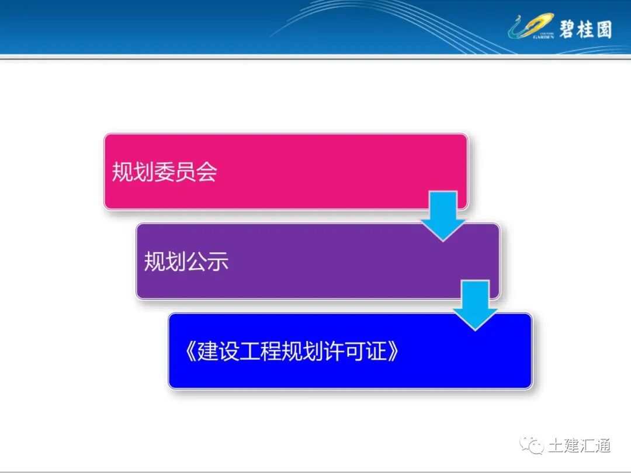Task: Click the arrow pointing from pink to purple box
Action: pyautogui.click(x=443, y=214)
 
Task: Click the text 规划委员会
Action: pyautogui.click(x=164, y=172)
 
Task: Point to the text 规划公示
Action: pyautogui.click(x=186, y=262)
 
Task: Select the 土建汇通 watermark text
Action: pyautogui.click(x=579, y=446)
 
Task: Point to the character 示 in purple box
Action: pyautogui.click(x=217, y=262)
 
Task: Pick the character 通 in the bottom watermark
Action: pyautogui.click(x=602, y=446)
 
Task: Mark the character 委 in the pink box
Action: pyautogui.click(x=164, y=172)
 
